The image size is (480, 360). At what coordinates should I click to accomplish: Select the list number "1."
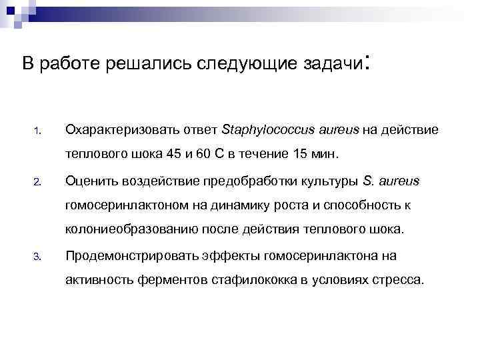click(39, 130)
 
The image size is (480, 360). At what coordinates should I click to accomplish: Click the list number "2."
click(39, 181)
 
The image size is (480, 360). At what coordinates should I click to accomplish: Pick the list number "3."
click(39, 255)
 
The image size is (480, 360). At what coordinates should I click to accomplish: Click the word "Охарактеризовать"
click(114, 129)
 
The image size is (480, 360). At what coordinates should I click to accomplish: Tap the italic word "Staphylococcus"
click(260, 129)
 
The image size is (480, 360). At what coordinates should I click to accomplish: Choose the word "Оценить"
click(90, 181)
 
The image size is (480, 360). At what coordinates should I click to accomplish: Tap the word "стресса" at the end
click(397, 279)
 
